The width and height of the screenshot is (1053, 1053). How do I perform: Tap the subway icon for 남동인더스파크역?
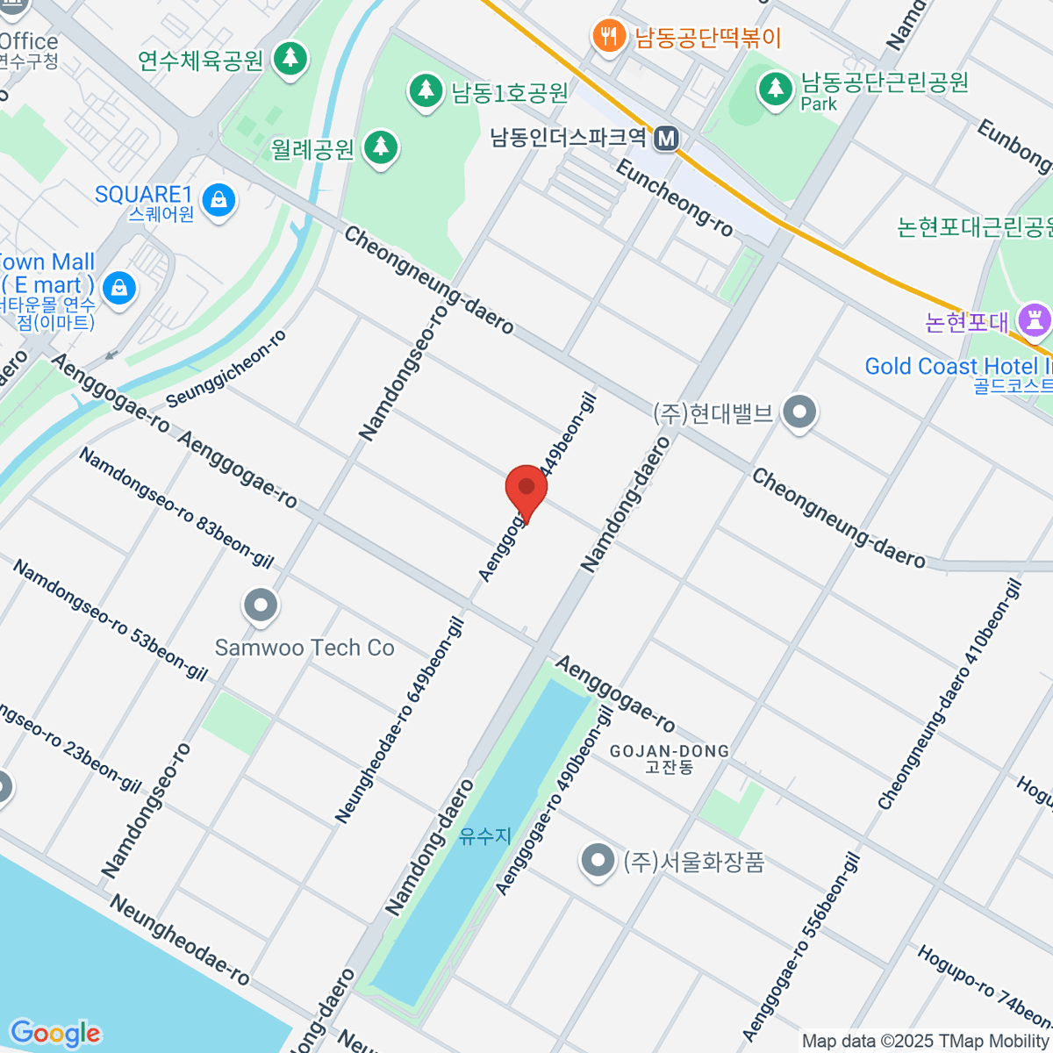click(x=667, y=138)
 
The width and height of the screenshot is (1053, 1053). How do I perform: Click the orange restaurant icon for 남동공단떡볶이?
click(x=608, y=37)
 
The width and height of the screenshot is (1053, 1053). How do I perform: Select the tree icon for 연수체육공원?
click(x=290, y=60)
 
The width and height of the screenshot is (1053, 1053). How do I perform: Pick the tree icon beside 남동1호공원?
click(x=426, y=90)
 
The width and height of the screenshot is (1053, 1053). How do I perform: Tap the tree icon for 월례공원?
click(x=380, y=147)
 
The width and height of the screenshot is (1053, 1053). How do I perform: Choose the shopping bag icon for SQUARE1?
click(x=218, y=201)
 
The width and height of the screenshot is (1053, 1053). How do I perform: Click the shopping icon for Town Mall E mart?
click(x=118, y=287)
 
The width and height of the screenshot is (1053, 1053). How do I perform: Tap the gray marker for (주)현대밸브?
click(x=799, y=412)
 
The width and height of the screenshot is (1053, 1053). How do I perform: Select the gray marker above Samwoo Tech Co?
click(x=261, y=605)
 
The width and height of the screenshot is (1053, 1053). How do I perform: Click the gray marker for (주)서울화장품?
click(x=598, y=861)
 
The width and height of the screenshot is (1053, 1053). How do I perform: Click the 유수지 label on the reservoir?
click(x=485, y=836)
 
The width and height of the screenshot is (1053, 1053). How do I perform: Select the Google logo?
click(x=54, y=1034)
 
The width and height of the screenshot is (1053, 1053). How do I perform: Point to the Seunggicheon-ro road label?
click(x=226, y=369)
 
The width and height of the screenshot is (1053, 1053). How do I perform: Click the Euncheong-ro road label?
click(x=674, y=199)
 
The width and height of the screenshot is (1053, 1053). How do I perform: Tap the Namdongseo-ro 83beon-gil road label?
click(x=176, y=507)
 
